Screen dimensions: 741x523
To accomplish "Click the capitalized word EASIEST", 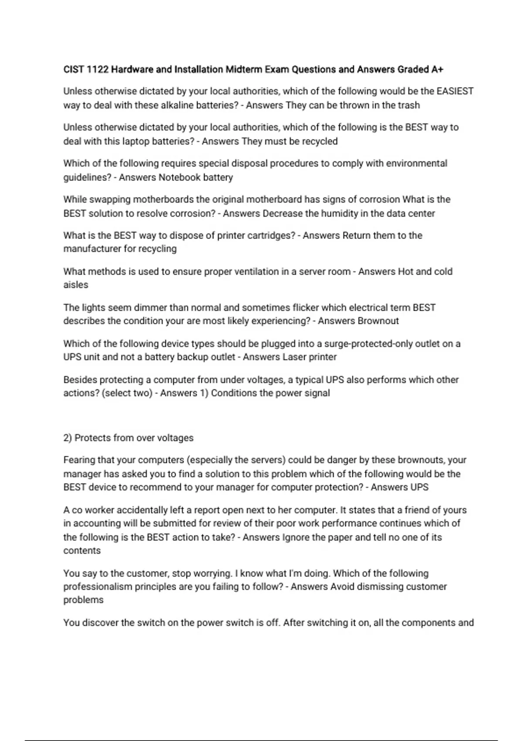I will [455, 92].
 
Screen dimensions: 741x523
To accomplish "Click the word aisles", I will [76, 285].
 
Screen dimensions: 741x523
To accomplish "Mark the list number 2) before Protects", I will [68, 438].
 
